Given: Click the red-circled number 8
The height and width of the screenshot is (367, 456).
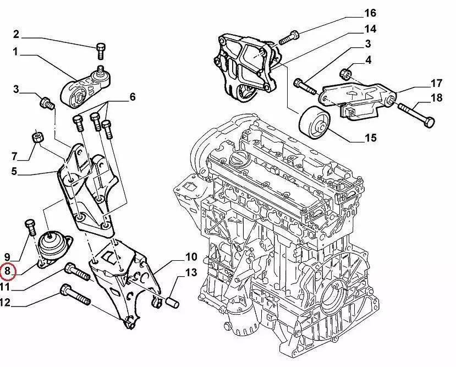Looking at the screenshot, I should (8, 271).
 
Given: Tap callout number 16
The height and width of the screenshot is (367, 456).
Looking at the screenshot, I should (370, 12).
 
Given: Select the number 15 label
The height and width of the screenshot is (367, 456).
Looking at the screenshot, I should (370, 138).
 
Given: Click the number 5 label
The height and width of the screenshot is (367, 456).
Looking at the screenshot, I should (15, 171).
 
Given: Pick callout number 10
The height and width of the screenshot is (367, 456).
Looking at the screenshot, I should (190, 256).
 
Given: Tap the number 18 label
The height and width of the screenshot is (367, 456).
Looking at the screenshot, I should (436, 98).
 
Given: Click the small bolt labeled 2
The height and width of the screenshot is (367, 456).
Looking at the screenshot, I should (100, 51).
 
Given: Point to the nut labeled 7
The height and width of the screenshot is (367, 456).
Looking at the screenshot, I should (36, 136).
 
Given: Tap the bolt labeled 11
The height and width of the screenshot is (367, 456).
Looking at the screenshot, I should (76, 271).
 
